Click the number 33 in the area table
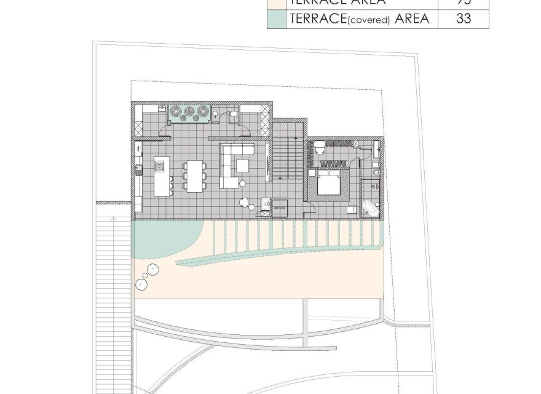point(464,18)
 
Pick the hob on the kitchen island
point(160,166)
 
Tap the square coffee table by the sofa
point(242,165)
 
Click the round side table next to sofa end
point(242,183)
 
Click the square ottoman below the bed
point(352,209)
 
